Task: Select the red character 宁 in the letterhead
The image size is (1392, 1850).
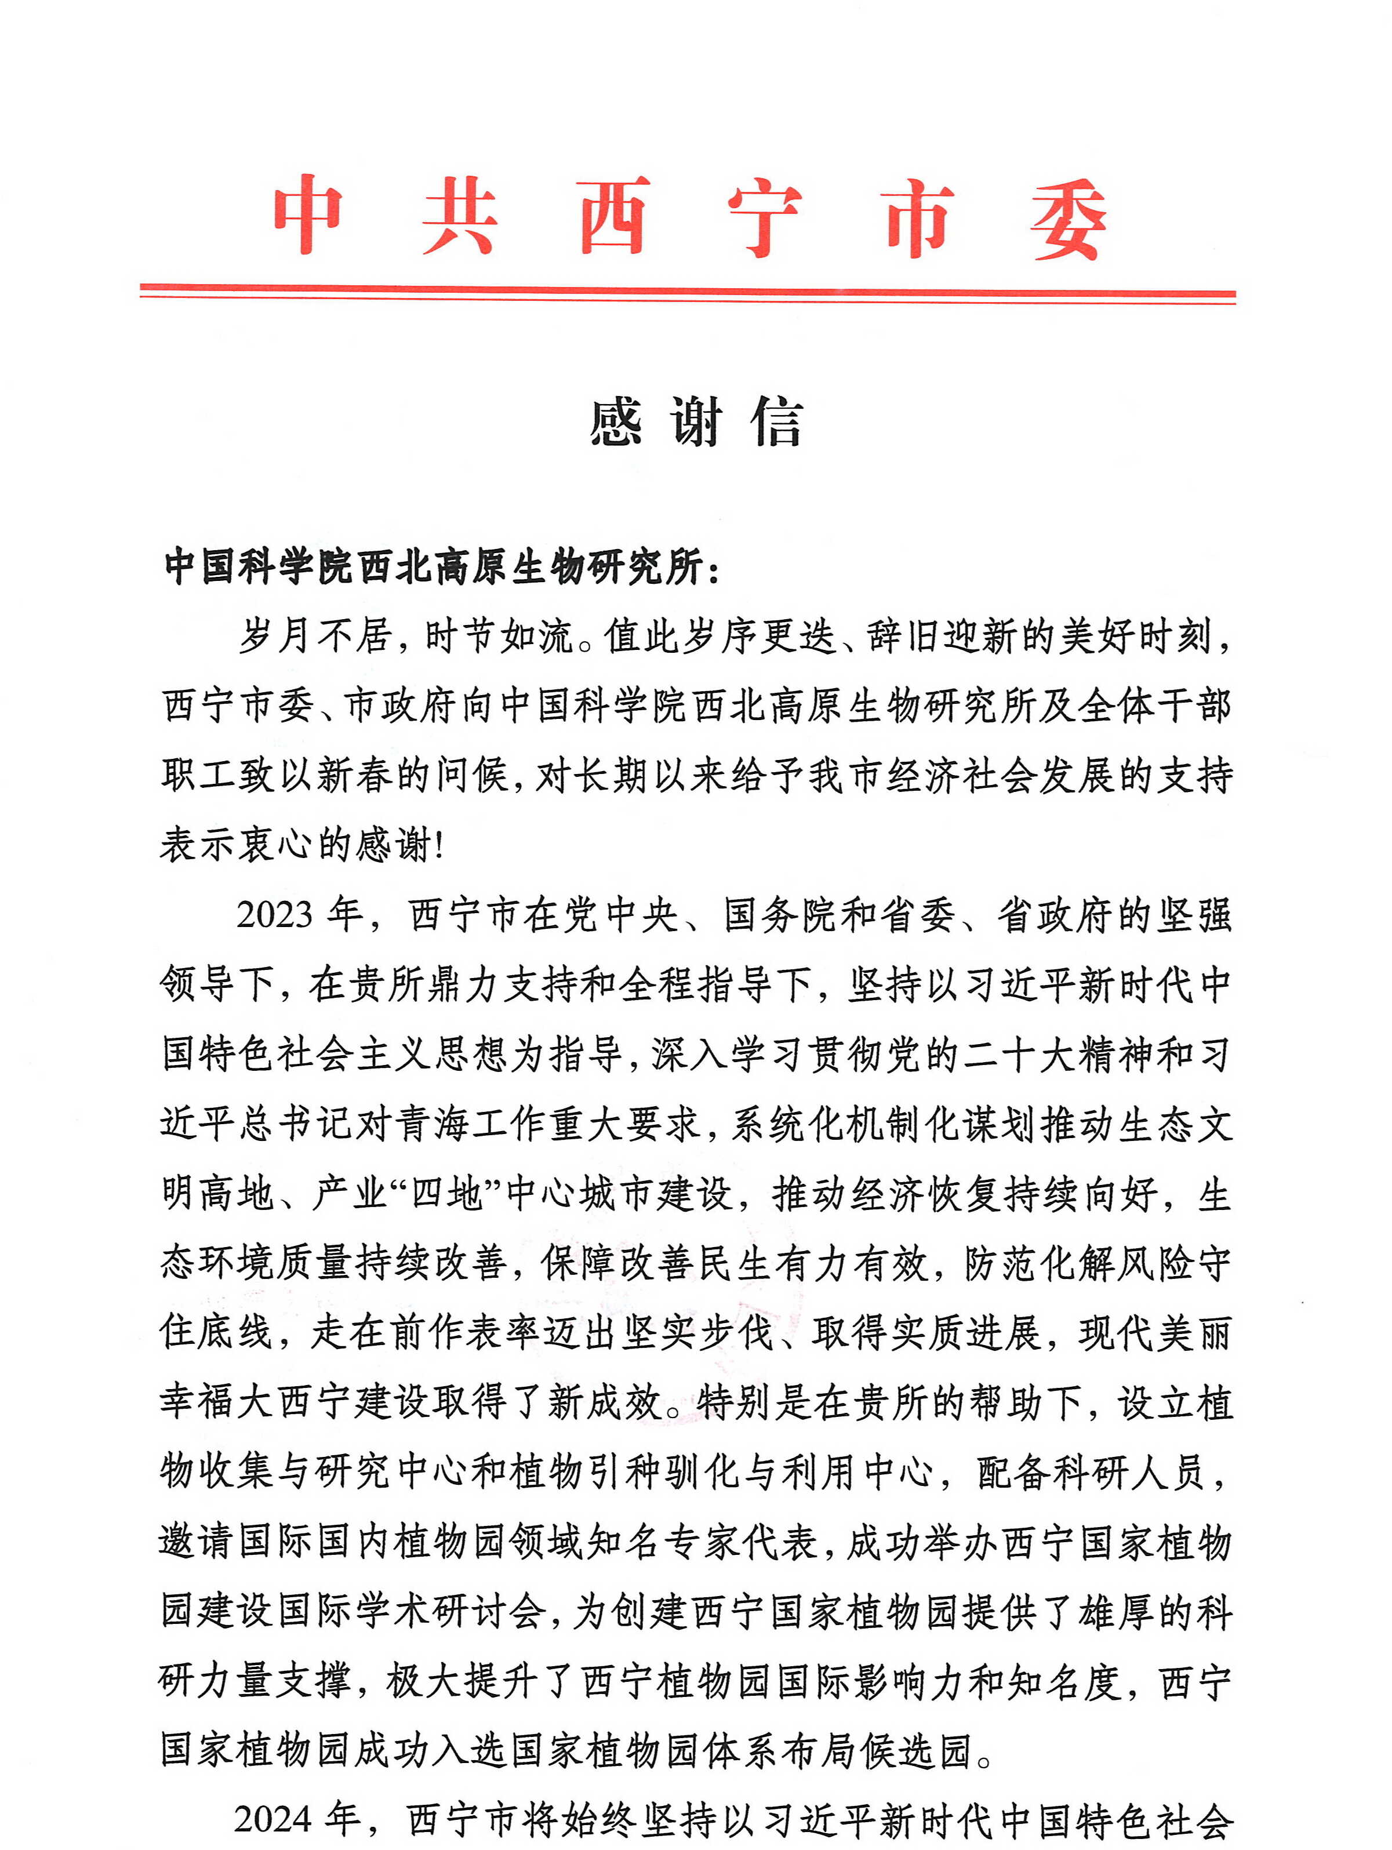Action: [764, 217]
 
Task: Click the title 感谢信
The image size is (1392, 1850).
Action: [696, 423]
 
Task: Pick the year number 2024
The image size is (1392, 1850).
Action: [272, 1819]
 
